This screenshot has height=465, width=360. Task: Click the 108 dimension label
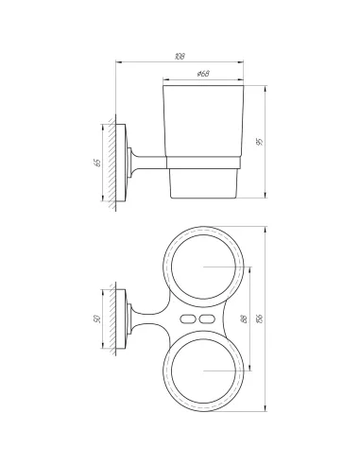180,57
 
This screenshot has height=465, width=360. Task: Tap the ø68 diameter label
203,74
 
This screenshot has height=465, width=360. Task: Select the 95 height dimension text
260,142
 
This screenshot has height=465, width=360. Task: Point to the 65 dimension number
98,163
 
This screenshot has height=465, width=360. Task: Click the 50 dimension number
97,319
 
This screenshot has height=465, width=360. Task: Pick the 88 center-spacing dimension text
244,319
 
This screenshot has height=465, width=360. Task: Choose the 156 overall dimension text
260,319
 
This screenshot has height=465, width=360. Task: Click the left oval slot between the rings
188,319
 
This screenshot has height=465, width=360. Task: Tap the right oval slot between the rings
207,319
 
